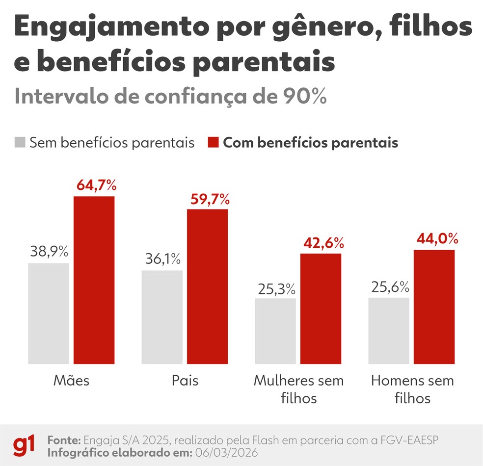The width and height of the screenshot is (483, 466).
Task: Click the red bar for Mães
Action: tap(94, 280)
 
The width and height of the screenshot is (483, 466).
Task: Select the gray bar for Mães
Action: tap(49, 313)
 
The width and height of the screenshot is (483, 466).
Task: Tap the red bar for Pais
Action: tap(207, 286)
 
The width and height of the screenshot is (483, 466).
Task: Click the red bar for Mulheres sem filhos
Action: tap(321, 309)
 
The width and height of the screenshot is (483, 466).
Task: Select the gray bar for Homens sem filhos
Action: tap(388, 331)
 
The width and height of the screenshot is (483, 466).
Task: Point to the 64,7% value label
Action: tap(97, 186)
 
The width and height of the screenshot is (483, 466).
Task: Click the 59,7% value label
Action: tap(210, 199)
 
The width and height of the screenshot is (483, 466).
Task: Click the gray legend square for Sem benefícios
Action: tap(20, 143)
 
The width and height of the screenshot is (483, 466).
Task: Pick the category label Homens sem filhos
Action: tap(412, 389)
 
